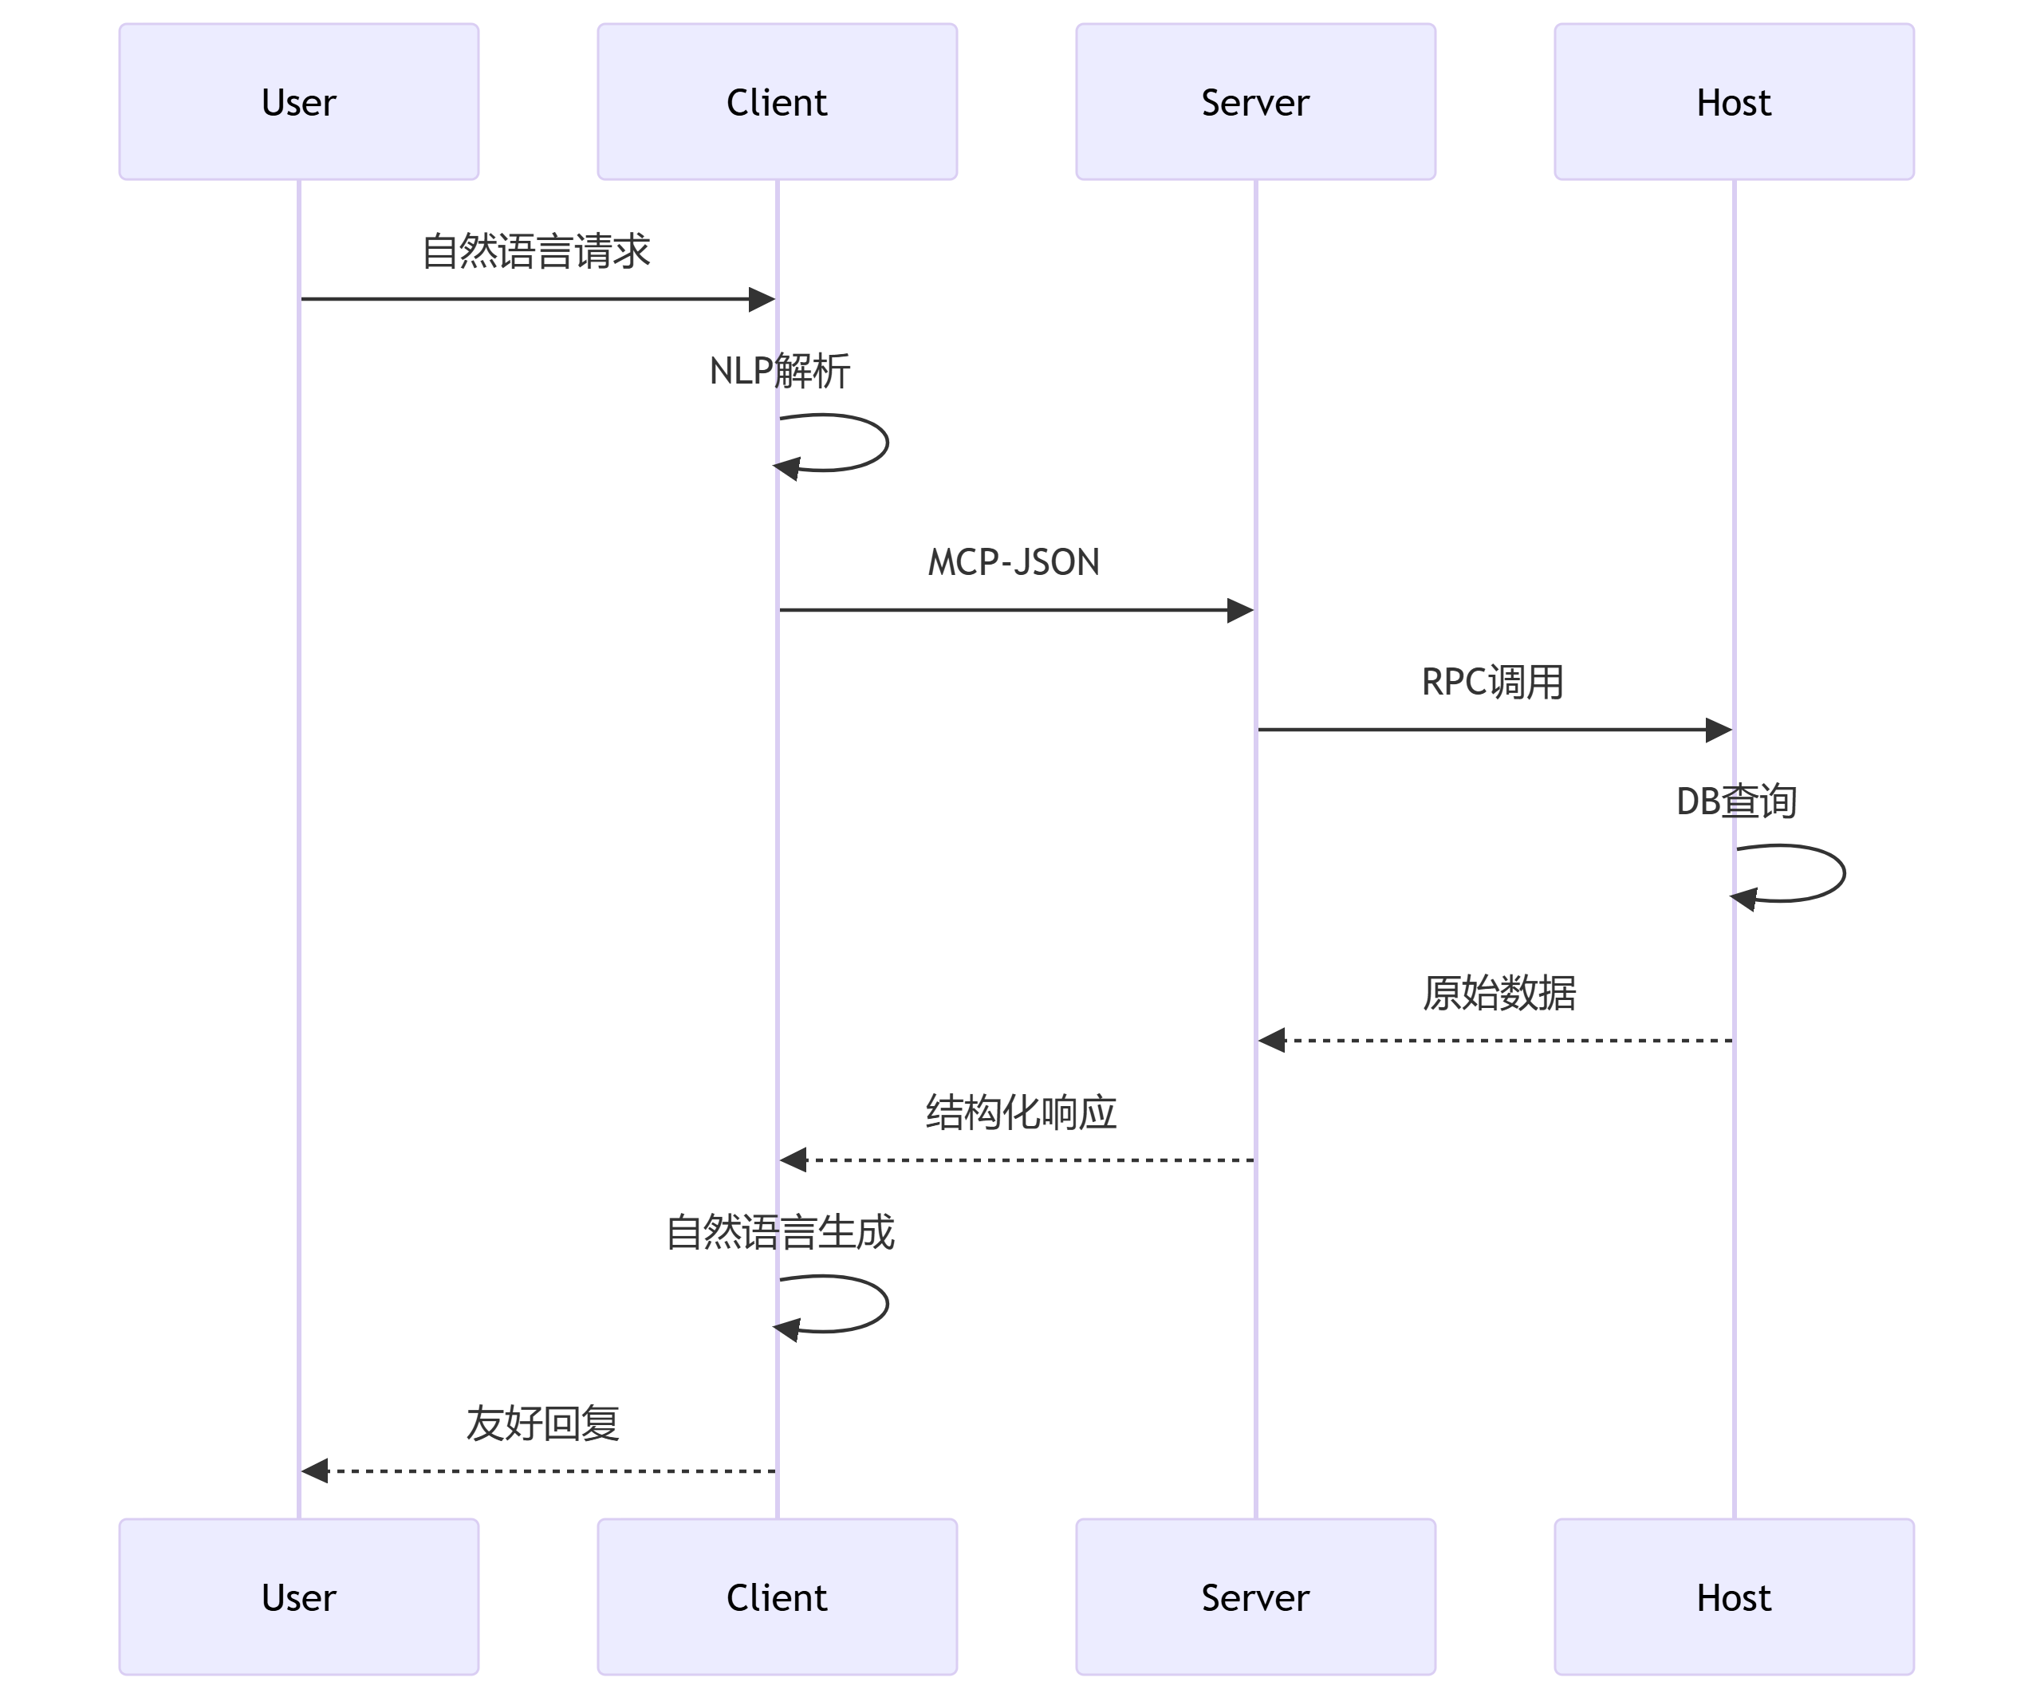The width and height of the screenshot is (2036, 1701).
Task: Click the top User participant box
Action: (298, 102)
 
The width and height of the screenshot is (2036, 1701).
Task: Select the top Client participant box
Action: (777, 102)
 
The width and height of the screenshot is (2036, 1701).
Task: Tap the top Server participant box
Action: (1254, 102)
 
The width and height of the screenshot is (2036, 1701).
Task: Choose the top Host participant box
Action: (1734, 102)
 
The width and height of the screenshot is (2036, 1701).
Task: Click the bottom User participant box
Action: (298, 1597)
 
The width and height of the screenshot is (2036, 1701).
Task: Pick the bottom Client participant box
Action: (777, 1597)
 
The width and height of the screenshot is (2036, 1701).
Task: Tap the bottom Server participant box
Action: (1254, 1597)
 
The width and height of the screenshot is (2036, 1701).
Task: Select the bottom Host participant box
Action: (1734, 1597)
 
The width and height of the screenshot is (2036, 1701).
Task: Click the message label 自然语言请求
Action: (535, 251)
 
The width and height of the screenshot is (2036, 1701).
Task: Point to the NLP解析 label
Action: (779, 371)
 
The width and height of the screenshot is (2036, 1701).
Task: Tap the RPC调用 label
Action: (1492, 683)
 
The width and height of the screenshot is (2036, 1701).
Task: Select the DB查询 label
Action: (1736, 801)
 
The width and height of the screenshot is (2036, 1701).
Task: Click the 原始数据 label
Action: (1498, 994)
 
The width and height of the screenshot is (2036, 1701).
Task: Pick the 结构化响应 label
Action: (1020, 1112)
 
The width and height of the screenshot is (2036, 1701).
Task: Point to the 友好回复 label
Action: (542, 1423)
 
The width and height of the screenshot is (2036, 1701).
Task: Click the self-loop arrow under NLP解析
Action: (884, 443)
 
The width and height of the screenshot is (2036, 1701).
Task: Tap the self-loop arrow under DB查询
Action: (1841, 873)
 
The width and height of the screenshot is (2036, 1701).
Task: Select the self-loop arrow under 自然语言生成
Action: (884, 1304)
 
